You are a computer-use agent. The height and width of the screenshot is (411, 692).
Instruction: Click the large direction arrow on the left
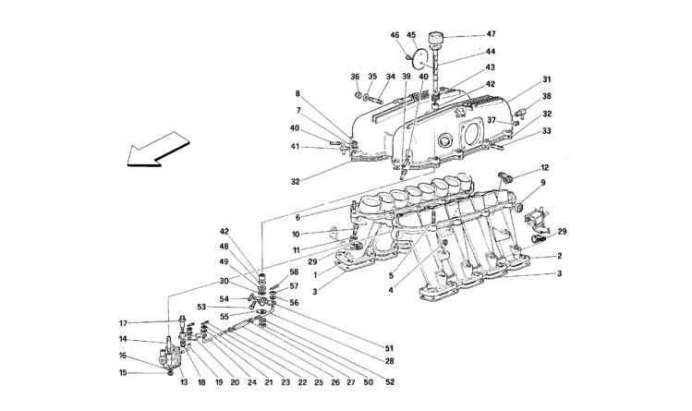[157, 149]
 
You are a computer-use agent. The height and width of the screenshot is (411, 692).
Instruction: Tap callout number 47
[491, 34]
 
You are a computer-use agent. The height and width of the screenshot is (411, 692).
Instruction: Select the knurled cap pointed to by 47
[436, 38]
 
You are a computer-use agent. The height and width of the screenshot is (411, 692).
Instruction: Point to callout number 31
[547, 79]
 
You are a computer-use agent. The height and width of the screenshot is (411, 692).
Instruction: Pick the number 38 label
[547, 96]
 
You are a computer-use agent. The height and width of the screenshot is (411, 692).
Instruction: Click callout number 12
[544, 167]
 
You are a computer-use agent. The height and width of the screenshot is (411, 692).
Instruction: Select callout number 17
[123, 323]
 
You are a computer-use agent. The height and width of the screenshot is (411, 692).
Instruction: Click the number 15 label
[122, 372]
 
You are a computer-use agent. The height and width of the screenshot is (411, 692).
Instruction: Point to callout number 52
[390, 382]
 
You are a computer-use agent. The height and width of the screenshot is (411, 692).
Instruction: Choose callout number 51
[389, 348]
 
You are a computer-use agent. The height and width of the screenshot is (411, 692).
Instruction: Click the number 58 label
[294, 272]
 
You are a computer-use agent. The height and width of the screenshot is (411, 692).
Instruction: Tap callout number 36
[356, 77]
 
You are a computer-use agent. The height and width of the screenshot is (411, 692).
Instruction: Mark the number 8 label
[297, 93]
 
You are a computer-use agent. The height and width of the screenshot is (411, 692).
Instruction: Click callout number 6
[297, 217]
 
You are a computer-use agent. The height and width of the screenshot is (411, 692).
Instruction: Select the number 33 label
[547, 131]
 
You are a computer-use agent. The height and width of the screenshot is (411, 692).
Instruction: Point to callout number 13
[184, 382]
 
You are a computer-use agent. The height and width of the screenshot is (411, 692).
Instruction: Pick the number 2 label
[559, 255]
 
